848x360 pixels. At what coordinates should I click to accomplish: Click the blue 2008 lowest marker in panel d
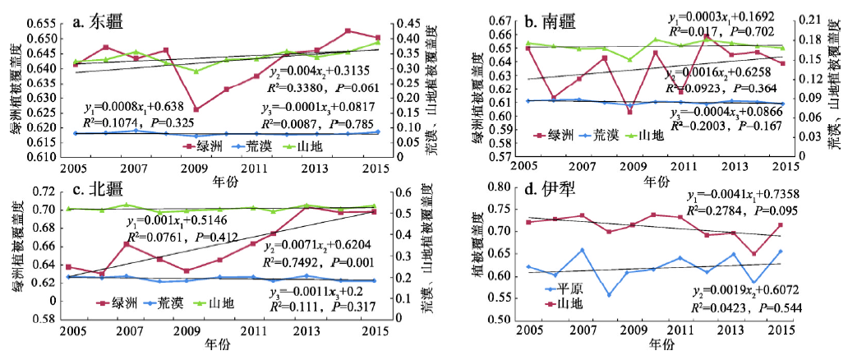click(609, 295)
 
